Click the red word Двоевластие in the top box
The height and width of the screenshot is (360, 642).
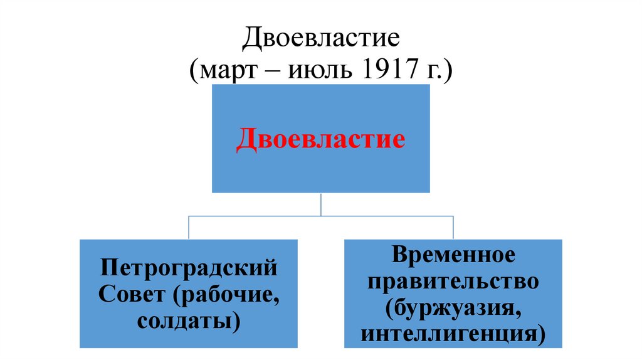click(320, 139)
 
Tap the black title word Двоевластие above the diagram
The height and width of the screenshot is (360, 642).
click(320, 40)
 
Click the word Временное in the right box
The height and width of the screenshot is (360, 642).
click(453, 255)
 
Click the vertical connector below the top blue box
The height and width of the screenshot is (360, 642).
click(321, 203)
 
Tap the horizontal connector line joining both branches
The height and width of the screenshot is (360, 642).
click(251, 215)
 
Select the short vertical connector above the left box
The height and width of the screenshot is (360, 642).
click(189, 226)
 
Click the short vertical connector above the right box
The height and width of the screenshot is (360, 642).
click(453, 226)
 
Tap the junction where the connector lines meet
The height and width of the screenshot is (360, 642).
click(321, 215)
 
